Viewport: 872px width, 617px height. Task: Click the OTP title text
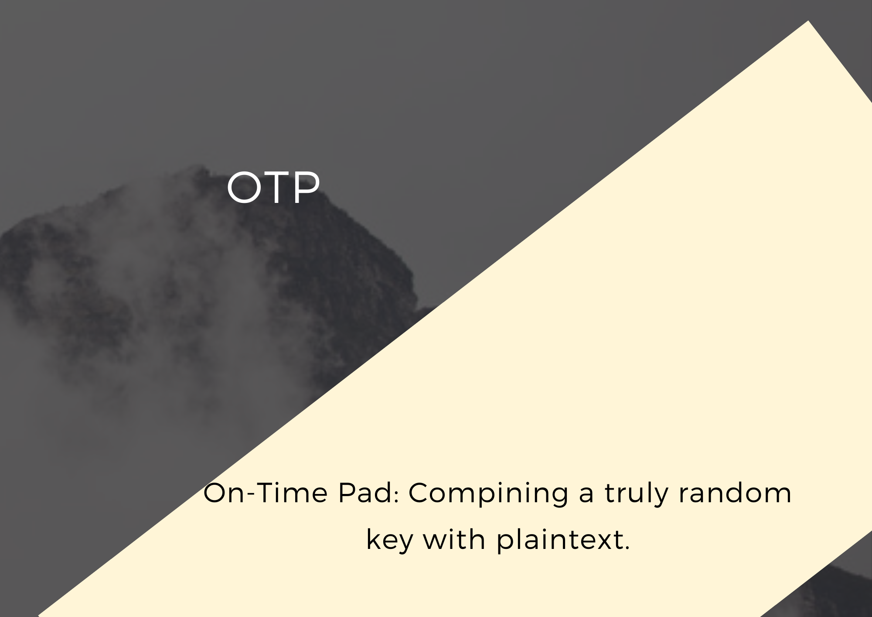coord(273,187)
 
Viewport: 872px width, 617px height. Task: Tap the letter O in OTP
coord(244,187)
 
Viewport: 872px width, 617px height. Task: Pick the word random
coord(735,494)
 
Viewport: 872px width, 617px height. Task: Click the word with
coord(454,540)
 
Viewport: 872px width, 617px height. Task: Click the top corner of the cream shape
coord(808,21)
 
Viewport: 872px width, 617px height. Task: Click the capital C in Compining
coord(420,494)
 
